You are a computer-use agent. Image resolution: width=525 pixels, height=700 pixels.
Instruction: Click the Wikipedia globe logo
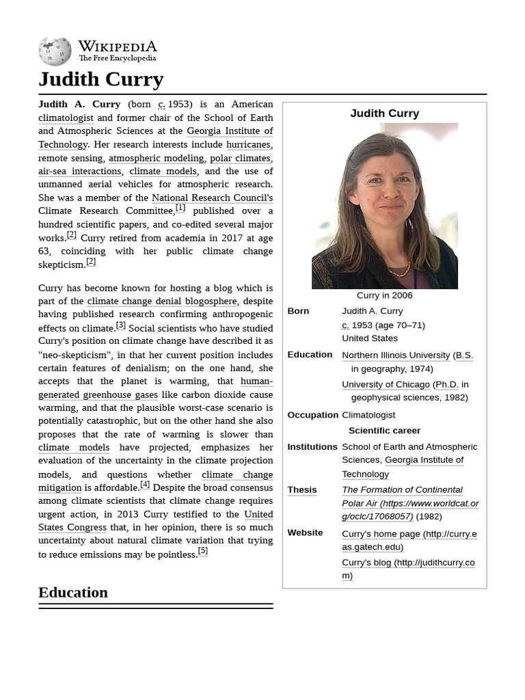click(55, 51)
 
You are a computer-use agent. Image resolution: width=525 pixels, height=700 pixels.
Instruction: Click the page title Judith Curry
click(100, 79)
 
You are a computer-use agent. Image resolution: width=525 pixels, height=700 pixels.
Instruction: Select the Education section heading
click(73, 592)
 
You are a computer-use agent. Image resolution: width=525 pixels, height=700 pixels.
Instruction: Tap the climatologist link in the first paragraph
click(66, 118)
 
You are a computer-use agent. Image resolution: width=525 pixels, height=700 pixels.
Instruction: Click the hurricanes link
click(248, 144)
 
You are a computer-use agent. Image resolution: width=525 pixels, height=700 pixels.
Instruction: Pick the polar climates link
click(239, 158)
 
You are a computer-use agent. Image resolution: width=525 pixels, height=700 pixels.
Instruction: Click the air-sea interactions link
click(79, 171)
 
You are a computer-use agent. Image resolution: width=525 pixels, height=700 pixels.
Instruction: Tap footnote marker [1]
click(180, 208)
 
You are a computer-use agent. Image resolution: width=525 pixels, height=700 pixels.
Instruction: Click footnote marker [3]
click(120, 325)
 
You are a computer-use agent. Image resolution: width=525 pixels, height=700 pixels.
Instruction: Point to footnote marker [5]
click(202, 551)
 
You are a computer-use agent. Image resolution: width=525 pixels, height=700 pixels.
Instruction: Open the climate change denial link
click(134, 301)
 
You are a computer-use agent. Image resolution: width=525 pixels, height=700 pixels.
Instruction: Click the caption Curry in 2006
click(384, 295)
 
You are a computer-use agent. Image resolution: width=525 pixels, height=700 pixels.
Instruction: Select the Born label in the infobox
click(298, 311)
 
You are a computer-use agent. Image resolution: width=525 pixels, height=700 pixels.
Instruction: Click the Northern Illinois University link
click(396, 355)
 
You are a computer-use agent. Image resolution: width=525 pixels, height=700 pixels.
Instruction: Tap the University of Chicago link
click(386, 384)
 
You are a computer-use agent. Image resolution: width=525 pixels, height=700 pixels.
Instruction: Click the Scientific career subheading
click(384, 431)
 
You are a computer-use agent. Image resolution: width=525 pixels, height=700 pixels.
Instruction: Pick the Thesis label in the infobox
click(301, 490)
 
